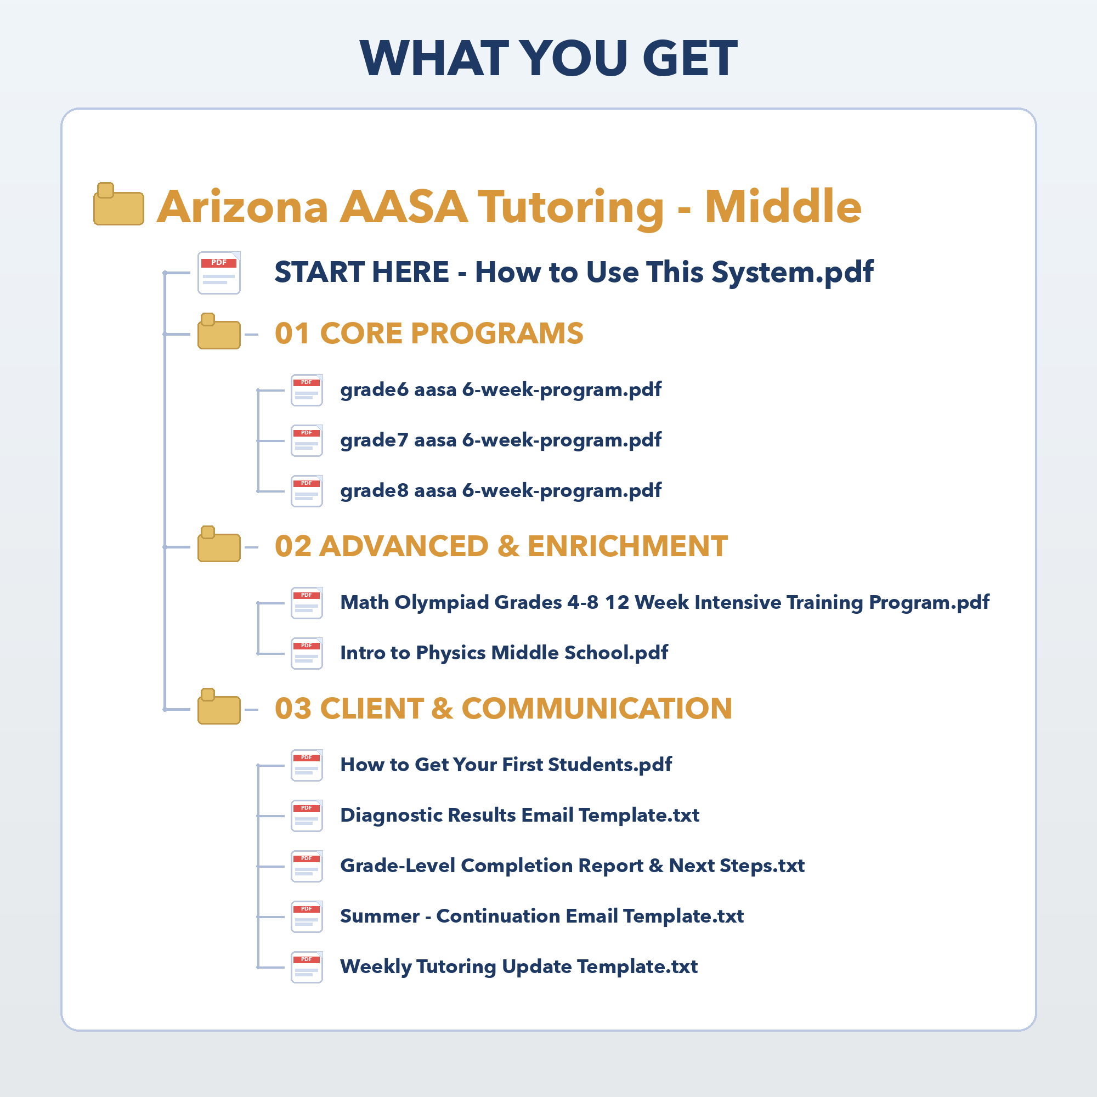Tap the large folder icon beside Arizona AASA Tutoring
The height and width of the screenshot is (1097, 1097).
(118, 204)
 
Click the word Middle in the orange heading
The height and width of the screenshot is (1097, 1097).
(783, 207)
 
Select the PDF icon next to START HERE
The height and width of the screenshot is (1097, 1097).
(219, 273)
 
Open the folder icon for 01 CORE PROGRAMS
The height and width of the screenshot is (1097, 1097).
(219, 331)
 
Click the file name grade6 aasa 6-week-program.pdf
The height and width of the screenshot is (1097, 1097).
(501, 390)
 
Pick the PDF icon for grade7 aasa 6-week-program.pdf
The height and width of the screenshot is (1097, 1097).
(307, 440)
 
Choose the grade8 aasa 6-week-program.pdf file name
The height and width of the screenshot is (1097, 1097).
(501, 491)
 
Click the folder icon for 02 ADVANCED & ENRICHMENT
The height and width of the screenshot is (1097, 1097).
(219, 544)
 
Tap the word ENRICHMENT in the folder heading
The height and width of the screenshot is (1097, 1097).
(627, 546)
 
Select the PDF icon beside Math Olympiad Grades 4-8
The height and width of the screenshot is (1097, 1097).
(307, 603)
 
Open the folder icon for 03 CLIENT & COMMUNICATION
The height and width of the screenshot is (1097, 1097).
(219, 706)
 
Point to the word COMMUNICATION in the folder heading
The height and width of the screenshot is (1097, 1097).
(597, 709)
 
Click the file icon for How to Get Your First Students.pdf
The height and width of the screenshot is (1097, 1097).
(307, 765)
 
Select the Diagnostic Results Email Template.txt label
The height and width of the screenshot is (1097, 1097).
(519, 816)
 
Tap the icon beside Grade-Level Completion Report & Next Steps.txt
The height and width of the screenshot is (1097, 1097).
(307, 867)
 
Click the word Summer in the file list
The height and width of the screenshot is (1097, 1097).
(380, 917)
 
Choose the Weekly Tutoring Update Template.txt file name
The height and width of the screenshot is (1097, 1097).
(519, 967)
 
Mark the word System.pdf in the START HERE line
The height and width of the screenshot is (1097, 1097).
(792, 273)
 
